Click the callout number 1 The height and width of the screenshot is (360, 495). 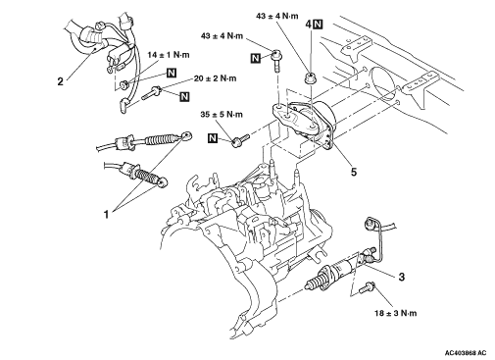[x=106, y=215]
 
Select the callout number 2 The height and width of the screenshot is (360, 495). [x=60, y=81]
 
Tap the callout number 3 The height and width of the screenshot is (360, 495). [x=402, y=277]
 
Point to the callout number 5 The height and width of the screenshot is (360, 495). [x=354, y=172]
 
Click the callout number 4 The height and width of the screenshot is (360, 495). [x=309, y=25]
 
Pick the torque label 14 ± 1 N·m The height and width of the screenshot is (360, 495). [x=169, y=55]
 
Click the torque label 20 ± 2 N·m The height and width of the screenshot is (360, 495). [x=215, y=78]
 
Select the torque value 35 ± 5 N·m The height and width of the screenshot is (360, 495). [x=222, y=115]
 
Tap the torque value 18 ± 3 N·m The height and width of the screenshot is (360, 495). [x=396, y=313]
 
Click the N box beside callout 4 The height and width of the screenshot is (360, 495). [x=318, y=25]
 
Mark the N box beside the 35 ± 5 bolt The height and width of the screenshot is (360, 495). [x=213, y=138]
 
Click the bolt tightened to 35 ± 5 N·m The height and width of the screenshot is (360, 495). [x=240, y=139]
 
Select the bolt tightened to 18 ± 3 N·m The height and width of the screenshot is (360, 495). [x=367, y=287]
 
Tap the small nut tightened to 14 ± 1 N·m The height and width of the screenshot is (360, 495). [x=123, y=85]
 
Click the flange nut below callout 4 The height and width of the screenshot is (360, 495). [x=309, y=78]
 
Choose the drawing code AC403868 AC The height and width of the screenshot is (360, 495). [x=466, y=353]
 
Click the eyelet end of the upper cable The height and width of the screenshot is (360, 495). [x=187, y=135]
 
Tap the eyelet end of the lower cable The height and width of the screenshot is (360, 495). [x=162, y=183]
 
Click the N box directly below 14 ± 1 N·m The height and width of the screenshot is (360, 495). [x=172, y=73]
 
